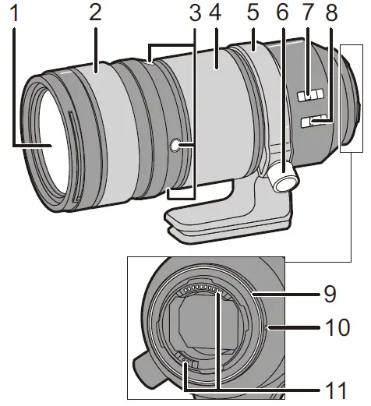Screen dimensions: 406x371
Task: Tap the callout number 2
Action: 94,15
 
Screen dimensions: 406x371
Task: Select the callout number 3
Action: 195,15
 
